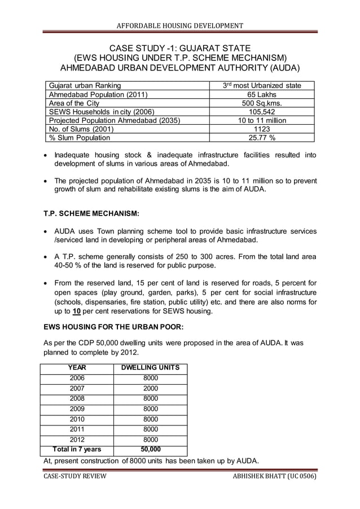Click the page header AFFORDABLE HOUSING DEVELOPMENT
pos(179,25)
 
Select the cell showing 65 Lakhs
pos(261,94)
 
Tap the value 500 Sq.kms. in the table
pos(261,103)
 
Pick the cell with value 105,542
pos(261,112)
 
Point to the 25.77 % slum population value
pos(261,137)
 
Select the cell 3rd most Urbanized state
pos(261,86)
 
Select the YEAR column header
pos(77,368)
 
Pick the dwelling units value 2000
pos(151,388)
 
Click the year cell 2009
pos(77,409)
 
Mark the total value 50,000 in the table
pos(151,449)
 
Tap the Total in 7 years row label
pos(77,449)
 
